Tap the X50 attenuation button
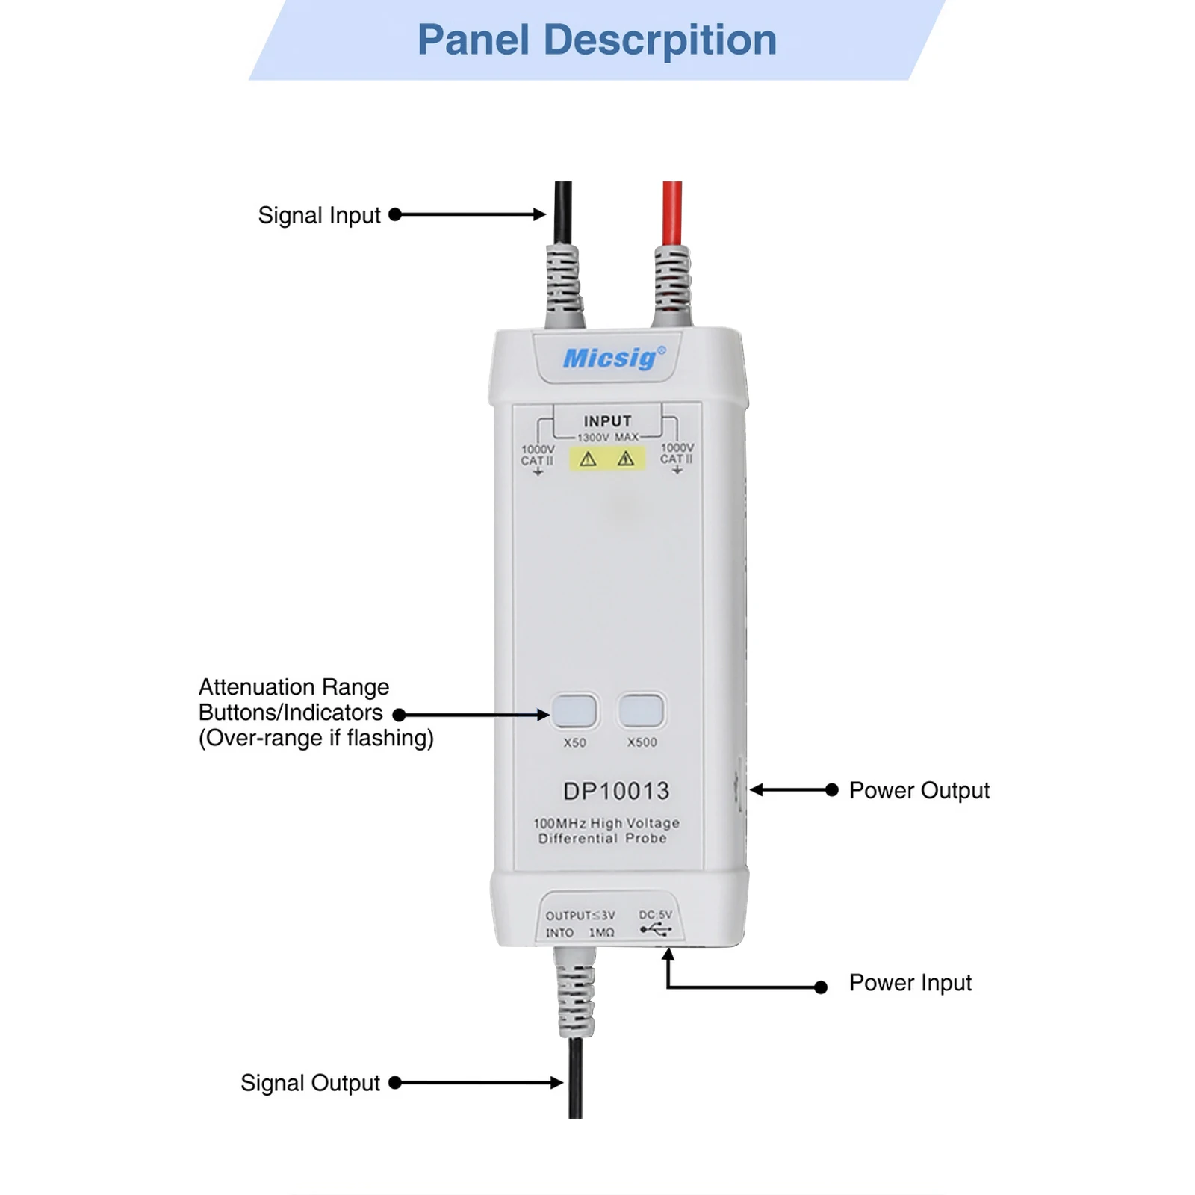click(574, 710)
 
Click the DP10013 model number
click(616, 791)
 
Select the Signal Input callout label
click(319, 215)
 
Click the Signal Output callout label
click(310, 1083)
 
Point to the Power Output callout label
click(919, 790)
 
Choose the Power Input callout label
click(910, 983)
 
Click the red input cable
click(672, 213)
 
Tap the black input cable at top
click(563, 213)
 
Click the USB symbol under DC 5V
click(656, 930)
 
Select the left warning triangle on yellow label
click(589, 459)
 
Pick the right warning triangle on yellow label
click(626, 459)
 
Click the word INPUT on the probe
click(607, 421)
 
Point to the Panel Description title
click(597, 40)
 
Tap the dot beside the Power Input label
click(821, 987)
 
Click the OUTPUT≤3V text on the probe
click(580, 916)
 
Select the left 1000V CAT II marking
click(537, 455)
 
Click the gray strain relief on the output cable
click(576, 997)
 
